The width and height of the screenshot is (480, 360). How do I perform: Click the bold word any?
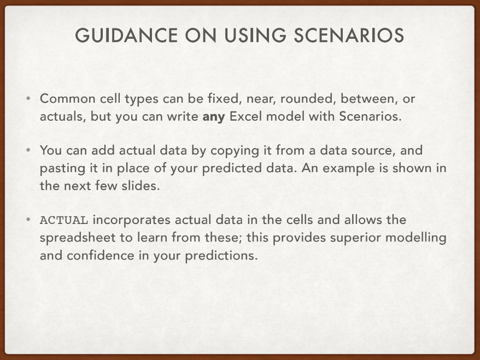click(x=214, y=117)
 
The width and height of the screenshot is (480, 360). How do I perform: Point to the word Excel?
click(x=248, y=117)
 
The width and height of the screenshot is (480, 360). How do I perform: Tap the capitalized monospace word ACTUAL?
click(x=64, y=221)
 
